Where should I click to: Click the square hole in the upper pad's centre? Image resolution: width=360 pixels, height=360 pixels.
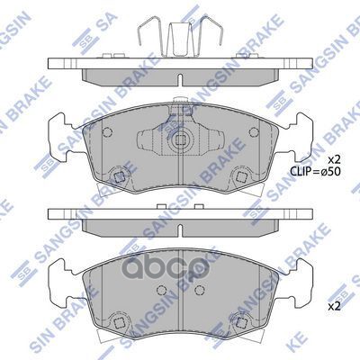coord(180,140)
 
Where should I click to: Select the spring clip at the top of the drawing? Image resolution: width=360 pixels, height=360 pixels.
coord(180,38)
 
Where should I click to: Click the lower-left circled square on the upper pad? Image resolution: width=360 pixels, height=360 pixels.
coord(117,177)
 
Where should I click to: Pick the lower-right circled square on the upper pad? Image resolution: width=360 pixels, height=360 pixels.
coord(242,177)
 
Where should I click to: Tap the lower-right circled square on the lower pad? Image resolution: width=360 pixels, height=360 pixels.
coord(242,317)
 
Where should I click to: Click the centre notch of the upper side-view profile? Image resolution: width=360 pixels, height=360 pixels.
coord(180,88)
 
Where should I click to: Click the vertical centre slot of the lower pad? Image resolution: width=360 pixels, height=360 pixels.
coord(180,279)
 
